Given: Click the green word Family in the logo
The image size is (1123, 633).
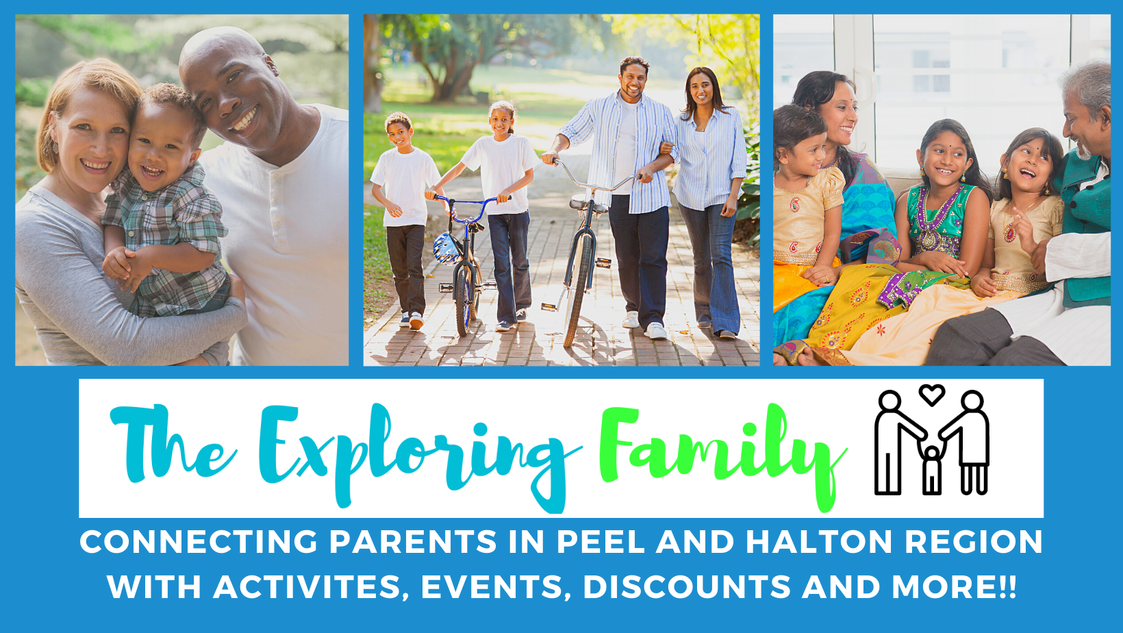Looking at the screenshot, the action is [722, 451].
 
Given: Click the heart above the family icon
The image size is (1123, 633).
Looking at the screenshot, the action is [931, 395].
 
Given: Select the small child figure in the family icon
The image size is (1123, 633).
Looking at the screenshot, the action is [931, 470].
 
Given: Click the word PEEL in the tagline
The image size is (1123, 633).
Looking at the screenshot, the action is [600, 542].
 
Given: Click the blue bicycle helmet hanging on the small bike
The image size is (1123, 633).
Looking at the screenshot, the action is [446, 249].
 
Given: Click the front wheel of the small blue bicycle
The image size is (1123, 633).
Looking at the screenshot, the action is [463, 301].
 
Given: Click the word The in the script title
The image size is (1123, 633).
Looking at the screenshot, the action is [173, 444].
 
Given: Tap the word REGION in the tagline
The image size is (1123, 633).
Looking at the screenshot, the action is [974, 542].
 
